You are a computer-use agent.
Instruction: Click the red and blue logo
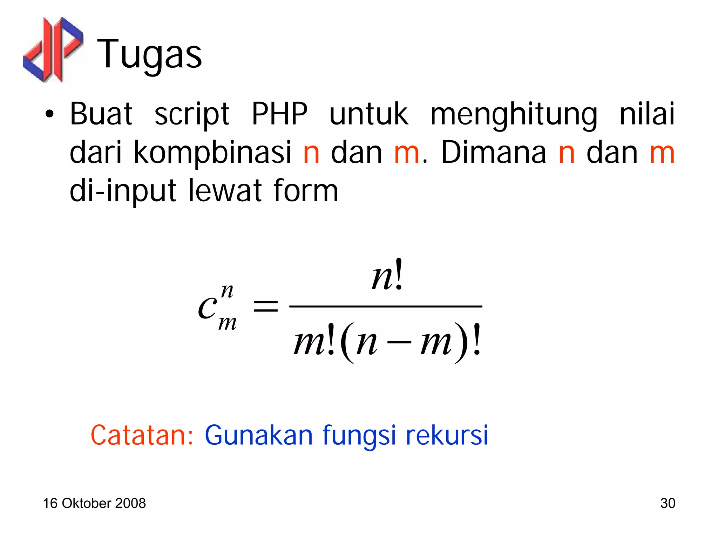point(53,49)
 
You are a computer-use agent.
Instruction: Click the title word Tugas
point(149,54)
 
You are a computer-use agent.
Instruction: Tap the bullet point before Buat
point(49,114)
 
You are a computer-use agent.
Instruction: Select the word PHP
point(279,114)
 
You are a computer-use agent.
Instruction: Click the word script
point(192,114)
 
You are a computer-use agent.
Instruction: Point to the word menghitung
point(514,114)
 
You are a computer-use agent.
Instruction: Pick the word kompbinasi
point(212,153)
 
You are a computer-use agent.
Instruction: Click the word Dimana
point(493,152)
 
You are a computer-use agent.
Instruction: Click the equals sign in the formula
point(265,307)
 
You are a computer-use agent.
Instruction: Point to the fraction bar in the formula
point(385,307)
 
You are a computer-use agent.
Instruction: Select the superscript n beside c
point(227,291)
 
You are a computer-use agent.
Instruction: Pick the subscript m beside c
point(227,323)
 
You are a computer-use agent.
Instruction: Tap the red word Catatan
point(142,435)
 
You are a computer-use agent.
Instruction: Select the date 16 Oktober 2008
point(94,503)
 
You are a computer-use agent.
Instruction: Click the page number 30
point(668,503)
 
